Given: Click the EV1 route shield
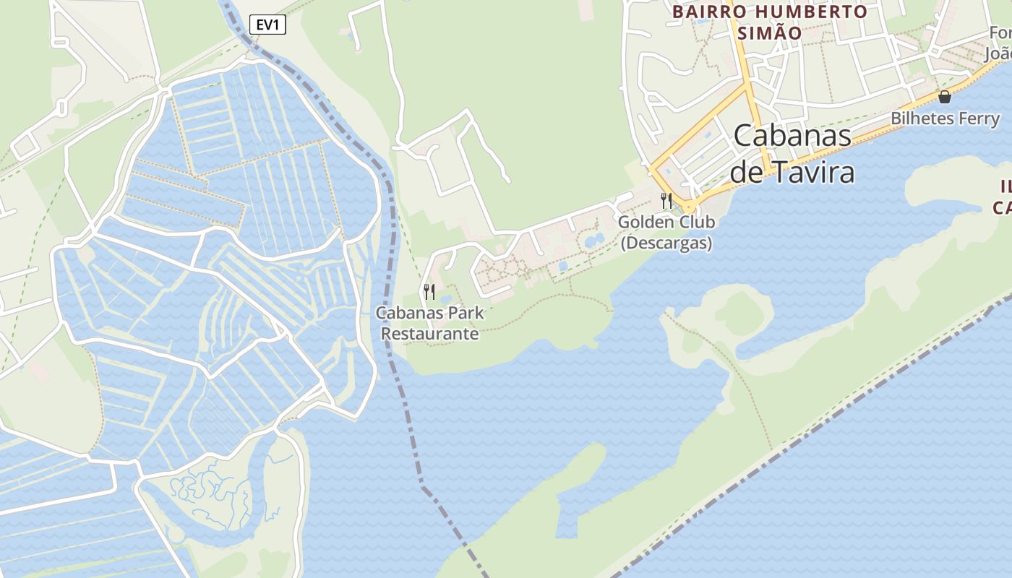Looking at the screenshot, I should (267, 25).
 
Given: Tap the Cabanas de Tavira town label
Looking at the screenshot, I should (792, 154).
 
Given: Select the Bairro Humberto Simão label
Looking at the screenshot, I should (769, 22).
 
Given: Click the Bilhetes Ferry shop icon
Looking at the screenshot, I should (944, 97).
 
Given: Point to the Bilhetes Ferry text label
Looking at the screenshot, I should (945, 118).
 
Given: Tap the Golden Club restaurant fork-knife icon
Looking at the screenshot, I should (666, 200).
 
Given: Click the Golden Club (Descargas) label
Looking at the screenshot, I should (666, 232).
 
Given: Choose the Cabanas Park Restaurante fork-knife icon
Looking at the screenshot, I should (429, 292).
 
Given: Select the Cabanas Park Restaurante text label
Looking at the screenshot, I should (430, 324).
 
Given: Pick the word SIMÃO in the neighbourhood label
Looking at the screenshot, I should (769, 33).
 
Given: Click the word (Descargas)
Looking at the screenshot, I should (666, 243).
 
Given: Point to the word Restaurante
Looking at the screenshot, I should (430, 334).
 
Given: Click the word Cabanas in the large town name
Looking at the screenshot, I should (792, 135).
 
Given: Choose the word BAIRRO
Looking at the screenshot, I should (700, 12).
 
